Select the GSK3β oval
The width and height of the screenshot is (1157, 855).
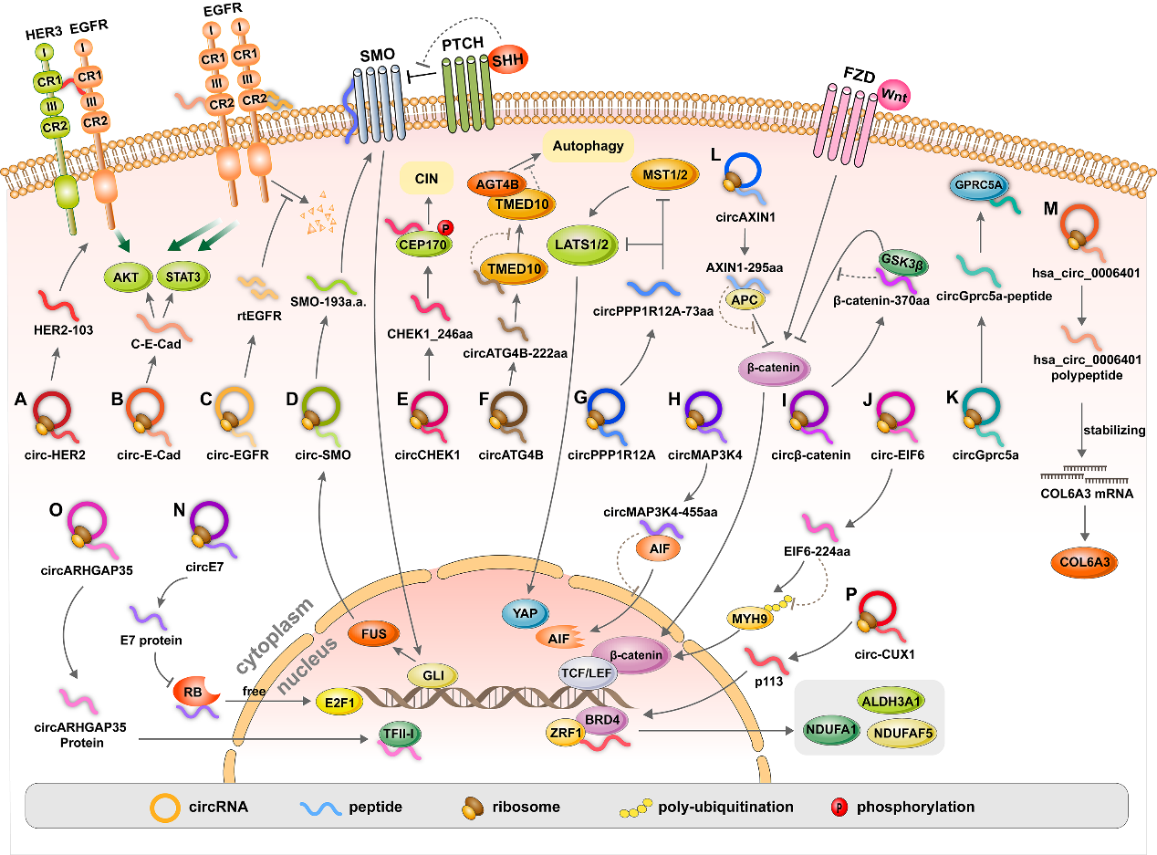(899, 260)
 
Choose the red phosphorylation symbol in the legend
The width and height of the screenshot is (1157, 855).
(838, 808)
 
